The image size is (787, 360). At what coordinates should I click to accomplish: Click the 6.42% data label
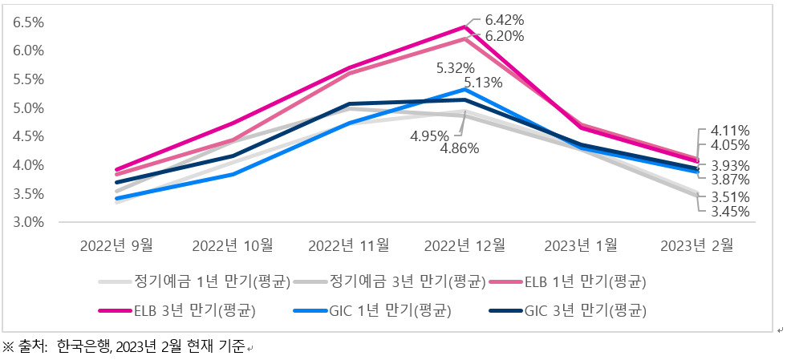tap(505, 21)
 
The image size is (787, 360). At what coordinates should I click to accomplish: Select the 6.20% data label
tap(505, 36)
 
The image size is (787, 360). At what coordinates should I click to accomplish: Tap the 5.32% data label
tap(456, 68)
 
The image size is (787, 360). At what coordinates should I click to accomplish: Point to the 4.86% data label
tap(459, 149)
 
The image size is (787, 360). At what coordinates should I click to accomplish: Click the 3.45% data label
tap(730, 212)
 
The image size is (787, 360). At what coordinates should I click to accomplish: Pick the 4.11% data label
tap(730, 131)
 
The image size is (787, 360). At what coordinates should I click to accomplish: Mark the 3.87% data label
tap(730, 180)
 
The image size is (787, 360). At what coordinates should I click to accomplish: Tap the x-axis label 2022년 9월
tap(116, 245)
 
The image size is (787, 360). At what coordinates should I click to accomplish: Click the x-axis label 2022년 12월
tap(464, 245)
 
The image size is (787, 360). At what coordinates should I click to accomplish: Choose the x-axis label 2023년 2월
tap(697, 245)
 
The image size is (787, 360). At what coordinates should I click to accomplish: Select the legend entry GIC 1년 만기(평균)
tap(372, 311)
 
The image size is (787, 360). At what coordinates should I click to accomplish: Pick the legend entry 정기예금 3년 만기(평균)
tap(389, 282)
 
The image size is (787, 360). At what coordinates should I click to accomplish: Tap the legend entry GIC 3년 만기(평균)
tap(567, 311)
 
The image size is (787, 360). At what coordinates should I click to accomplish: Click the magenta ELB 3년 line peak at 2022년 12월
tap(464, 26)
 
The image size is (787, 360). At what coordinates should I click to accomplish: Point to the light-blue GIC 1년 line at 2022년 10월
tap(233, 174)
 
